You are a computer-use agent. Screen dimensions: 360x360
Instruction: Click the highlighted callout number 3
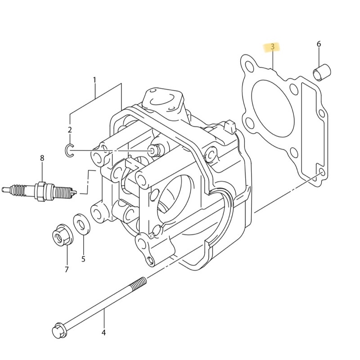(x=272, y=47)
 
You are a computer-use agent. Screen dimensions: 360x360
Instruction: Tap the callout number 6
(x=319, y=44)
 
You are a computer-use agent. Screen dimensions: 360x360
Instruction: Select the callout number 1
(x=94, y=80)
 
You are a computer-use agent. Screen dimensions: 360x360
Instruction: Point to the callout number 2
(x=70, y=130)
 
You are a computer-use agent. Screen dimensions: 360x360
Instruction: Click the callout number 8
(x=42, y=158)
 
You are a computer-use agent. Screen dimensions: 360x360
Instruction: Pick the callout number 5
(x=83, y=259)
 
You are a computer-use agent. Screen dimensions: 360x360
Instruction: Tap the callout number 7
(x=67, y=269)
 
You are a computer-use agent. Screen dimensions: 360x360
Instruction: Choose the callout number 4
(x=103, y=333)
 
